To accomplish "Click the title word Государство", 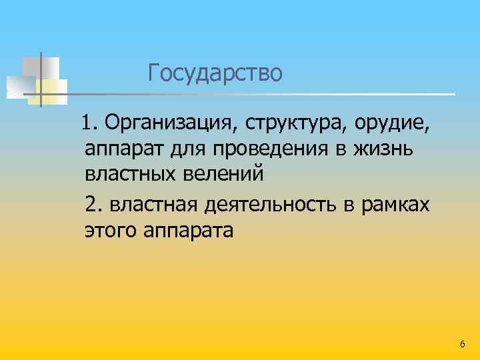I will point(215,73).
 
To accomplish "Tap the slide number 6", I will point(463,343).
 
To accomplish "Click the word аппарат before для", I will point(124,149).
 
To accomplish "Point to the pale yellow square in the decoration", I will point(53,91).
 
